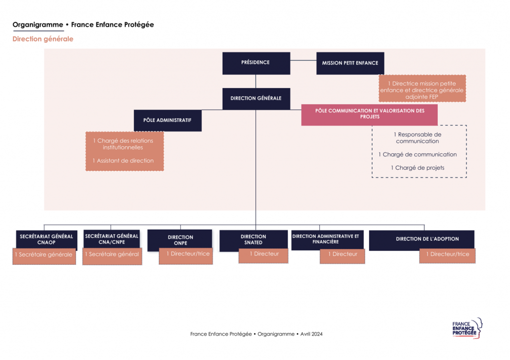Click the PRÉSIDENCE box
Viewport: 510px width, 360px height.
tap(256, 63)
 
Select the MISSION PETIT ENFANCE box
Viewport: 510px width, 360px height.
tap(350, 63)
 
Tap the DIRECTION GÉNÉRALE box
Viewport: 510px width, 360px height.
tap(256, 99)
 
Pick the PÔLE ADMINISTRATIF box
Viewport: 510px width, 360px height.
tap(167, 120)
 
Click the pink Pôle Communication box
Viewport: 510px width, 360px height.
tap(369, 115)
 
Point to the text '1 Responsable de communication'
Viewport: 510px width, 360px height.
tap(418, 138)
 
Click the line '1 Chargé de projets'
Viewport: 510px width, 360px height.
tap(418, 168)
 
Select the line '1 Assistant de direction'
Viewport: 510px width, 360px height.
tap(123, 161)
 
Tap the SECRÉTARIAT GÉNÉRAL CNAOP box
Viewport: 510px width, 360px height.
tap(46, 240)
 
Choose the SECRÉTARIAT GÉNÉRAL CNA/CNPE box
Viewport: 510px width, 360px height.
tap(112, 239)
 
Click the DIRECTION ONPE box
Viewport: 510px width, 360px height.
tap(180, 240)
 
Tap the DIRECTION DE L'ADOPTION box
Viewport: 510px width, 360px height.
tap(421, 240)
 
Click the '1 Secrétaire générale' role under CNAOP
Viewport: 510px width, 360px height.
tap(44, 256)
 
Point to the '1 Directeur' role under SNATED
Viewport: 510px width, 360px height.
tap(263, 255)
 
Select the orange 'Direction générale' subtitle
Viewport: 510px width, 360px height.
tap(43, 39)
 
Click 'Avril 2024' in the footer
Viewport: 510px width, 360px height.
tap(312, 334)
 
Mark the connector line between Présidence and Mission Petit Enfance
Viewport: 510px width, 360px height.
tap(303, 60)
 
